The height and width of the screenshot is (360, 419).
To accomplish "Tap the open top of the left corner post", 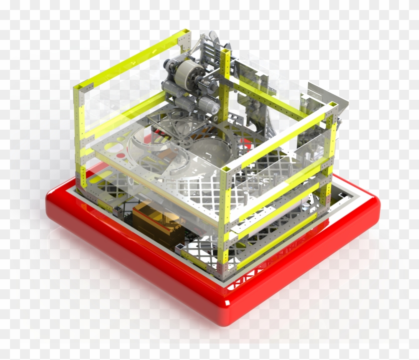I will (78, 88).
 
